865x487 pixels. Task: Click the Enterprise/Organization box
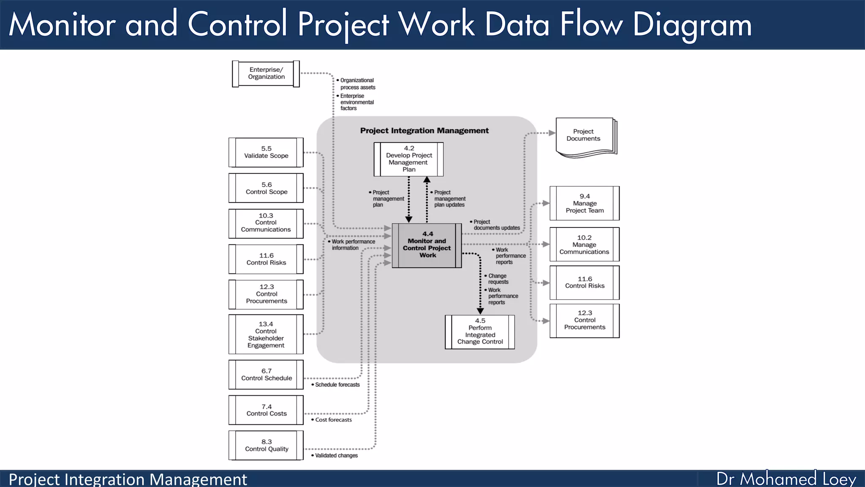pyautogui.click(x=266, y=74)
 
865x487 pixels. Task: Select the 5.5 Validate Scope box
pyautogui.click(x=266, y=152)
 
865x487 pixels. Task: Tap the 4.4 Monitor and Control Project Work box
pyautogui.click(x=427, y=245)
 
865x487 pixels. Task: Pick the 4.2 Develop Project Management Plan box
pyautogui.click(x=408, y=159)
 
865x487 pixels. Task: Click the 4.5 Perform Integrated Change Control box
pyautogui.click(x=480, y=332)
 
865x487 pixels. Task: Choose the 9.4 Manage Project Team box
pyautogui.click(x=585, y=203)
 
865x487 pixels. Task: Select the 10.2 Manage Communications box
pyautogui.click(x=585, y=244)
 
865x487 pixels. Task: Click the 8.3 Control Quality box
pyautogui.click(x=266, y=445)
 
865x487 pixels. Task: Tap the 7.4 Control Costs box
pyautogui.click(x=266, y=410)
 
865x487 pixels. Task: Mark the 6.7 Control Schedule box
pyautogui.click(x=266, y=375)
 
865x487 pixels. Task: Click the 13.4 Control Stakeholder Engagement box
pyautogui.click(x=266, y=334)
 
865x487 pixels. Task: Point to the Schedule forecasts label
pyautogui.click(x=337, y=385)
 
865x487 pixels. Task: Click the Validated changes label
pyautogui.click(x=336, y=455)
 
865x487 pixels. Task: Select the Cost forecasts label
pyautogui.click(x=333, y=420)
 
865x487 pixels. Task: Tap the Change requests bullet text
pyautogui.click(x=498, y=279)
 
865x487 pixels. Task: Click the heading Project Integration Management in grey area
pyautogui.click(x=424, y=131)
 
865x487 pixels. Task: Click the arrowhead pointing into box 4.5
pyautogui.click(x=480, y=311)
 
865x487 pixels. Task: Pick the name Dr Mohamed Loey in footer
pyautogui.click(x=786, y=479)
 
